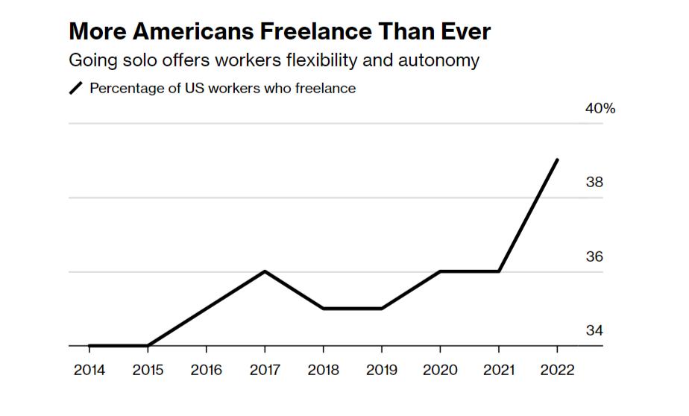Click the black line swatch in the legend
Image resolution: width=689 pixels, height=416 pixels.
[77, 88]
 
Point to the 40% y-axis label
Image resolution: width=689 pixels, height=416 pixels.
[600, 109]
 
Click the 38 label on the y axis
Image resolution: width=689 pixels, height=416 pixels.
[594, 183]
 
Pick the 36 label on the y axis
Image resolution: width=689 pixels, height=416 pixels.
[594, 256]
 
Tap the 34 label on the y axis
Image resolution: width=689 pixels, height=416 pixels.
[594, 330]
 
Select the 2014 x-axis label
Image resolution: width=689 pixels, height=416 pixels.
[89, 370]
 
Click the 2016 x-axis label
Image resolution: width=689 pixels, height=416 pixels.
[206, 370]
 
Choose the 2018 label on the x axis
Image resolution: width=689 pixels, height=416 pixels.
[323, 370]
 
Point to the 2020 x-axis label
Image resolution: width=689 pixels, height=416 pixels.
[440, 370]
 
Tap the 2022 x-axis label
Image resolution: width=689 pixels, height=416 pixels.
[557, 370]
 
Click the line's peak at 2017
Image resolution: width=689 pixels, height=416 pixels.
[265, 271]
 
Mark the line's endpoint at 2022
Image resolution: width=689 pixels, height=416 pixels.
[557, 160]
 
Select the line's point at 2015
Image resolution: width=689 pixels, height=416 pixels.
[148, 345]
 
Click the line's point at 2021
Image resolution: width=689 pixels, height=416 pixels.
[498, 271]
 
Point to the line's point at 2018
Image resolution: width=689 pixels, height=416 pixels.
[323, 308]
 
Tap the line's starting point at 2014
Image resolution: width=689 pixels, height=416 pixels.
[89, 345]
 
